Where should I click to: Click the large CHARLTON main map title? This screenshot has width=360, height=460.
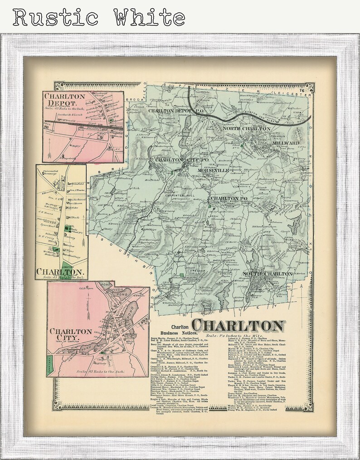(238, 325)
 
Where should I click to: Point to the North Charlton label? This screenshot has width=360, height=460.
(246, 129)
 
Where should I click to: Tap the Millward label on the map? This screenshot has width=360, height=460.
(285, 143)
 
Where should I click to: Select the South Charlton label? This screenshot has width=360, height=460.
(268, 274)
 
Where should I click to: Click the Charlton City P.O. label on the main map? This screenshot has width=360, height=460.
(176, 160)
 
